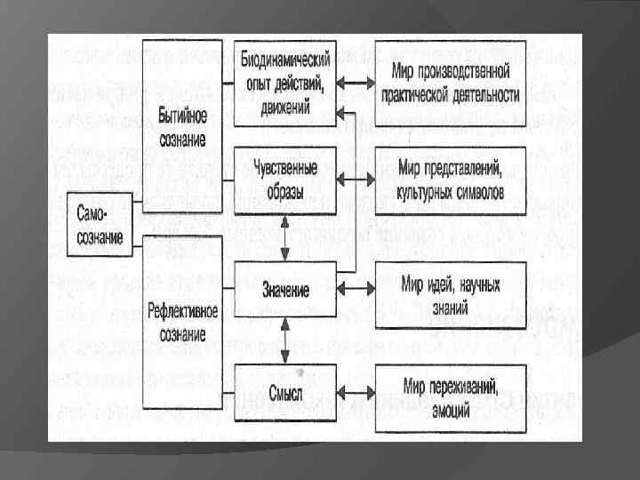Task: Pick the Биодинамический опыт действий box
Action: (285, 81)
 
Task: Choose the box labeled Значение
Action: (285, 290)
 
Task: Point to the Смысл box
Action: (285, 391)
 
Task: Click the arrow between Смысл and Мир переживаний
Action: (356, 392)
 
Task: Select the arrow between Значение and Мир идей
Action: (356, 290)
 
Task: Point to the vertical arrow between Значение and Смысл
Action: (285, 340)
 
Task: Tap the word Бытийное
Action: (182, 116)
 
